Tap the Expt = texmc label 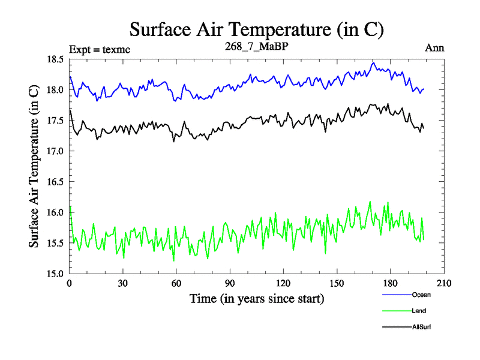(100, 49)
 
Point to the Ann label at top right (434, 49)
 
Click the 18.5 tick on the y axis (56, 59)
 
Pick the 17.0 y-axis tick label (56, 151)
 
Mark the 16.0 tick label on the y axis (56, 212)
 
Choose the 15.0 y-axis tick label (56, 274)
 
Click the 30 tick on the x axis (123, 284)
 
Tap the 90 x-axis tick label (230, 284)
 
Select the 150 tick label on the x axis (337, 284)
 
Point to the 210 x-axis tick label (443, 284)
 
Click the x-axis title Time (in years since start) (257, 298)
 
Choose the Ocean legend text (421, 295)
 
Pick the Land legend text (419, 311)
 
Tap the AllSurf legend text (422, 327)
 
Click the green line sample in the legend (395, 311)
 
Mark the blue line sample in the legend (395, 295)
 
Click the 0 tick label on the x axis (70, 284)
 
